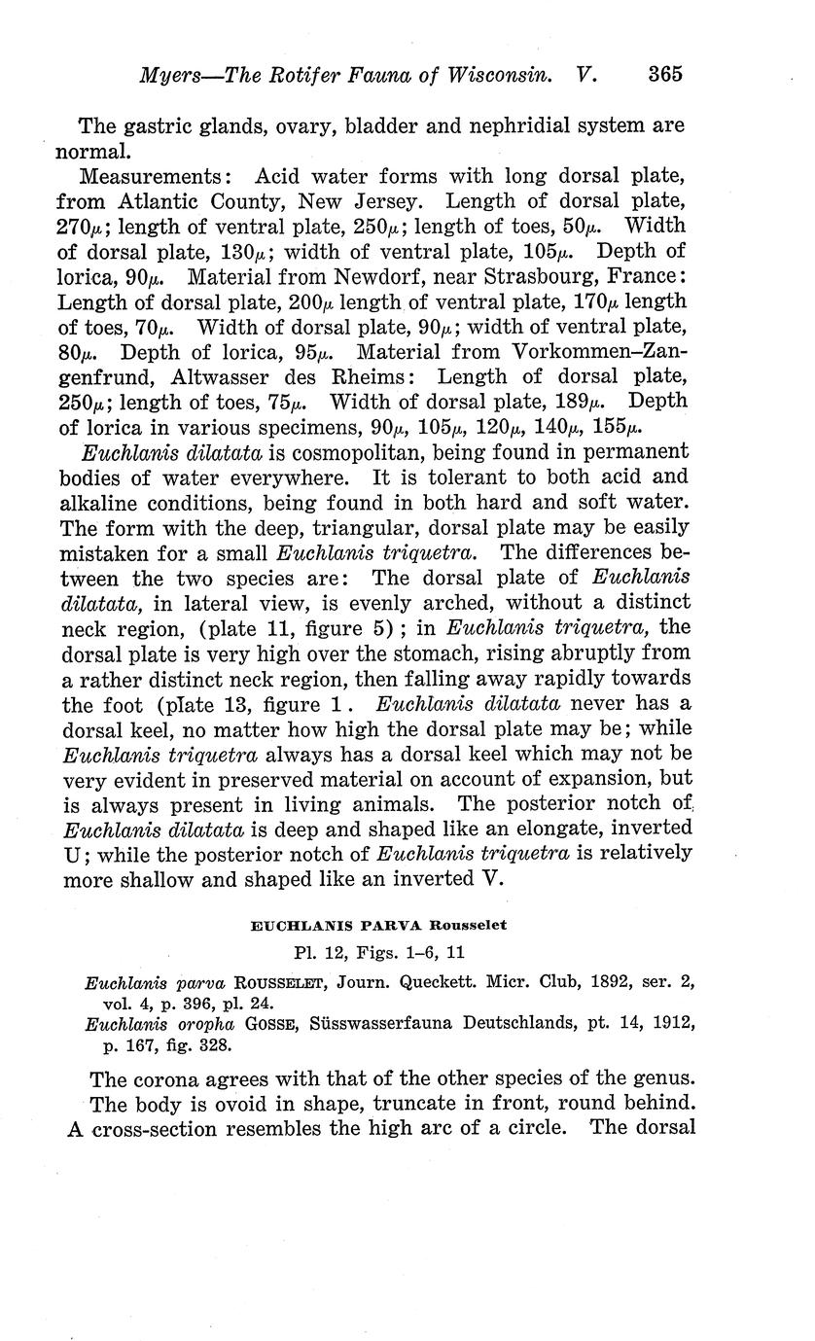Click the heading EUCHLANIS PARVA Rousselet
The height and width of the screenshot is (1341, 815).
tap(378, 926)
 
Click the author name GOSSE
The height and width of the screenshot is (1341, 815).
tap(301, 1024)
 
